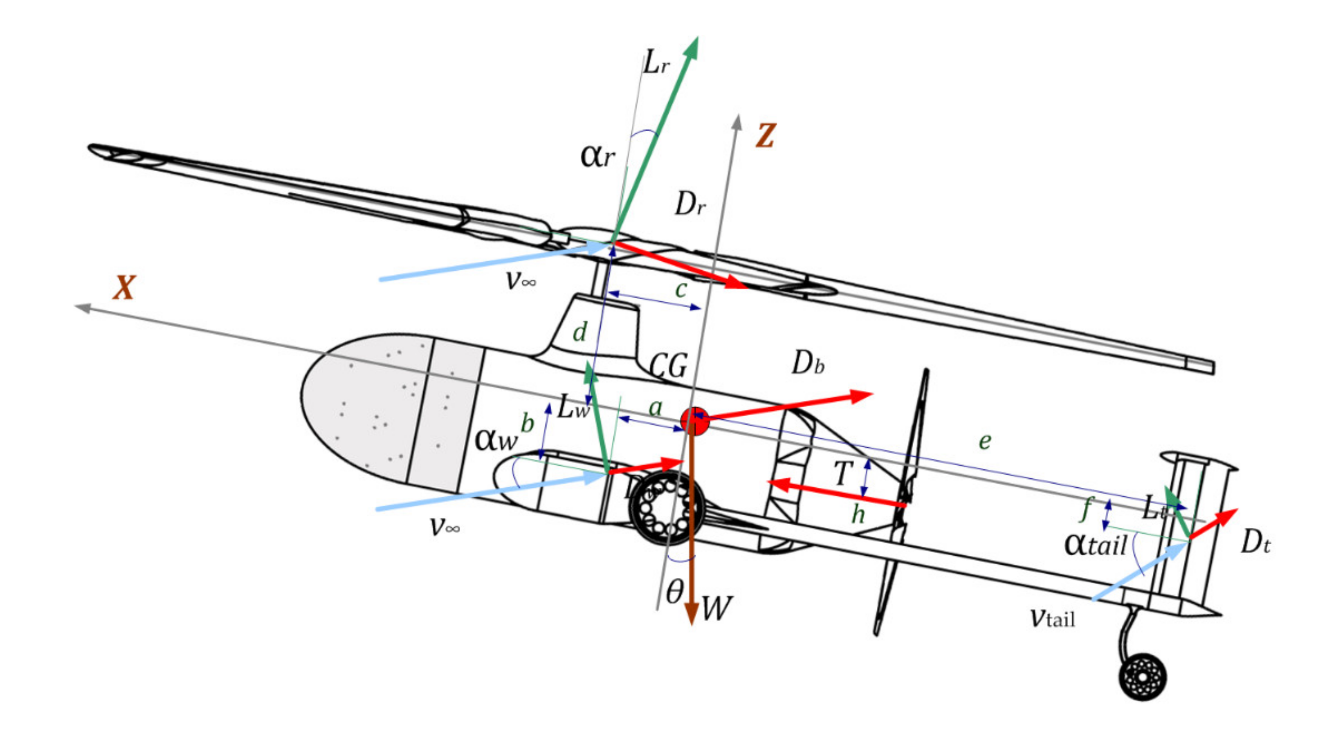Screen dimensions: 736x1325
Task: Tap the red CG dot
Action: (694, 421)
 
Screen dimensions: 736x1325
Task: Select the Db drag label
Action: (808, 364)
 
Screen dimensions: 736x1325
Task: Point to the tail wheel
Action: (1142, 677)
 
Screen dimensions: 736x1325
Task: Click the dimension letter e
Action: (984, 441)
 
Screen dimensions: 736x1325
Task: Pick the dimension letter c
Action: (680, 289)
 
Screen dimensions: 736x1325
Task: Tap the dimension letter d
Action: (580, 332)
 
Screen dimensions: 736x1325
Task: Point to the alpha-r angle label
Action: (597, 156)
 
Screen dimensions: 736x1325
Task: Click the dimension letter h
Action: (858, 514)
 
